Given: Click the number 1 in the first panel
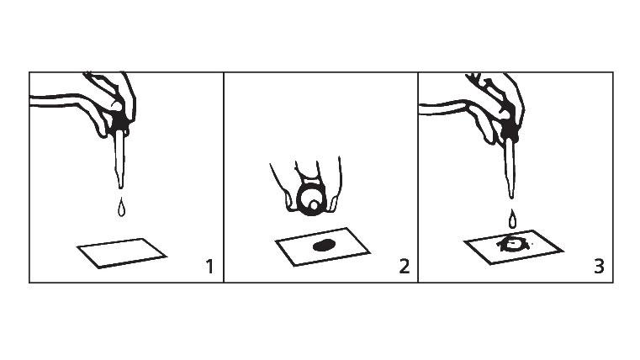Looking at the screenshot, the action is pos(209,267).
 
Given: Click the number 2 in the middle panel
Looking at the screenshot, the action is pos(404,267).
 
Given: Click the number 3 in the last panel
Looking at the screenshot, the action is pos(599,267).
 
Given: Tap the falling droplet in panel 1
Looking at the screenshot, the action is pos(121,208).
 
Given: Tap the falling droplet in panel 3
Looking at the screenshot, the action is pos(512,219).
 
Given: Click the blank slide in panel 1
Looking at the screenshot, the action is pos(122,253).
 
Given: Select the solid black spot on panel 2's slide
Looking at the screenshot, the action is pos(324,246).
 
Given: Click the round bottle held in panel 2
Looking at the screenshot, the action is pos(311,197).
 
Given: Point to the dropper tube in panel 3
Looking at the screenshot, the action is pos(510,168).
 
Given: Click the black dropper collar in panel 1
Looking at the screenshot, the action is pos(119,121).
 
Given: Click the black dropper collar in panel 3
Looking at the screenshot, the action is pos(510,130).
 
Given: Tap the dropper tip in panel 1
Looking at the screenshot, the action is pos(120,187).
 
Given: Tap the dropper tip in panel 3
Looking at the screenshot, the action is pos(511,197).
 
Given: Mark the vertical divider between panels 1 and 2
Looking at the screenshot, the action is pos(224,177).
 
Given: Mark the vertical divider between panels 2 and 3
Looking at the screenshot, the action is pos(418,177).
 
